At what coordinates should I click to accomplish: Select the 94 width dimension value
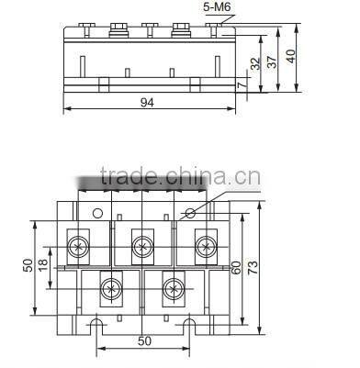coord(147,104)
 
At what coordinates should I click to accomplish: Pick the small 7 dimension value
coord(241,85)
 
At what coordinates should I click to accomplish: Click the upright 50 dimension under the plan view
coord(144,340)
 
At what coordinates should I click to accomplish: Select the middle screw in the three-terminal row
coord(141,245)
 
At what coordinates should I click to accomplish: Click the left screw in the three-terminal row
coord(79,245)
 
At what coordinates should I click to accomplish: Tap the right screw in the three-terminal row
coord(204,245)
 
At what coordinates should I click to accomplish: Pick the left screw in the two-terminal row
coord(110,288)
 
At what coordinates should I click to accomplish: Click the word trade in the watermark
coord(133,177)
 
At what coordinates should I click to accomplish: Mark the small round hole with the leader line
coord(188,213)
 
